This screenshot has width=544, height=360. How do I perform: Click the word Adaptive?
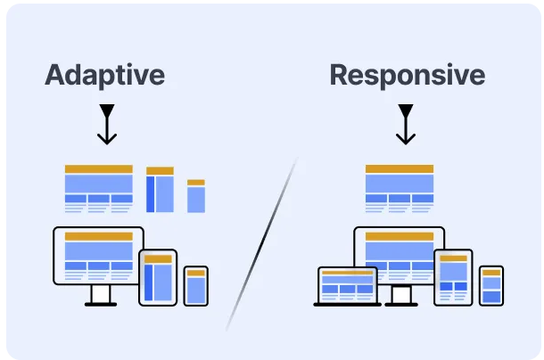tap(104, 75)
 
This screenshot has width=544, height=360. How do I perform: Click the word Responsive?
tap(408, 75)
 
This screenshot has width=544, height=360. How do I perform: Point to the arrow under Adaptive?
tap(107, 125)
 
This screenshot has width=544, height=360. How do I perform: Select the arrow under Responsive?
tap(406, 125)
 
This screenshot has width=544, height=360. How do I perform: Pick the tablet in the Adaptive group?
tap(158, 277)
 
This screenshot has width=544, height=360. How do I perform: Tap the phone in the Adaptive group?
tap(196, 286)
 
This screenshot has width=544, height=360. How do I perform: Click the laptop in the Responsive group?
tap(348, 285)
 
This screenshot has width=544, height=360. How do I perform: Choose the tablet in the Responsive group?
tap(453, 277)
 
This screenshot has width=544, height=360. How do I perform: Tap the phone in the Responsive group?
tap(491, 286)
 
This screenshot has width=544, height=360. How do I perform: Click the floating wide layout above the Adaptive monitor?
tap(98, 188)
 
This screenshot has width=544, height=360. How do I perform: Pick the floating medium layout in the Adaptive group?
tap(160, 190)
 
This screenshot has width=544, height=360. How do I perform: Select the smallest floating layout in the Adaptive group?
tap(196, 196)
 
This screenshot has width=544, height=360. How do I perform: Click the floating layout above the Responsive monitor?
tap(399, 188)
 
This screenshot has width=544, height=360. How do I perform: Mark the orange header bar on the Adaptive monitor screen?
tap(98, 236)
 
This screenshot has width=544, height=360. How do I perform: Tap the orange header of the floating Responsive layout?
tap(399, 168)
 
